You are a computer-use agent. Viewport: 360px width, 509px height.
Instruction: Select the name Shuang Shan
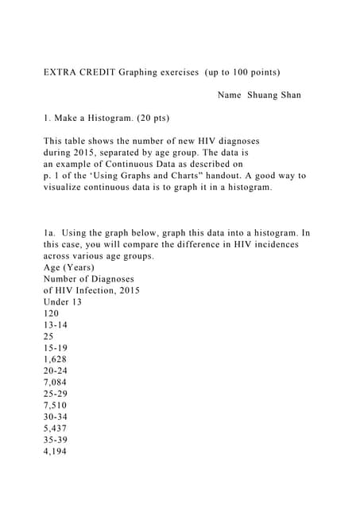(x=273, y=95)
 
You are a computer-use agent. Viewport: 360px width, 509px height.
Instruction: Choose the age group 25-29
(x=55, y=394)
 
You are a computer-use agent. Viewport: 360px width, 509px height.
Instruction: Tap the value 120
(x=51, y=314)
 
